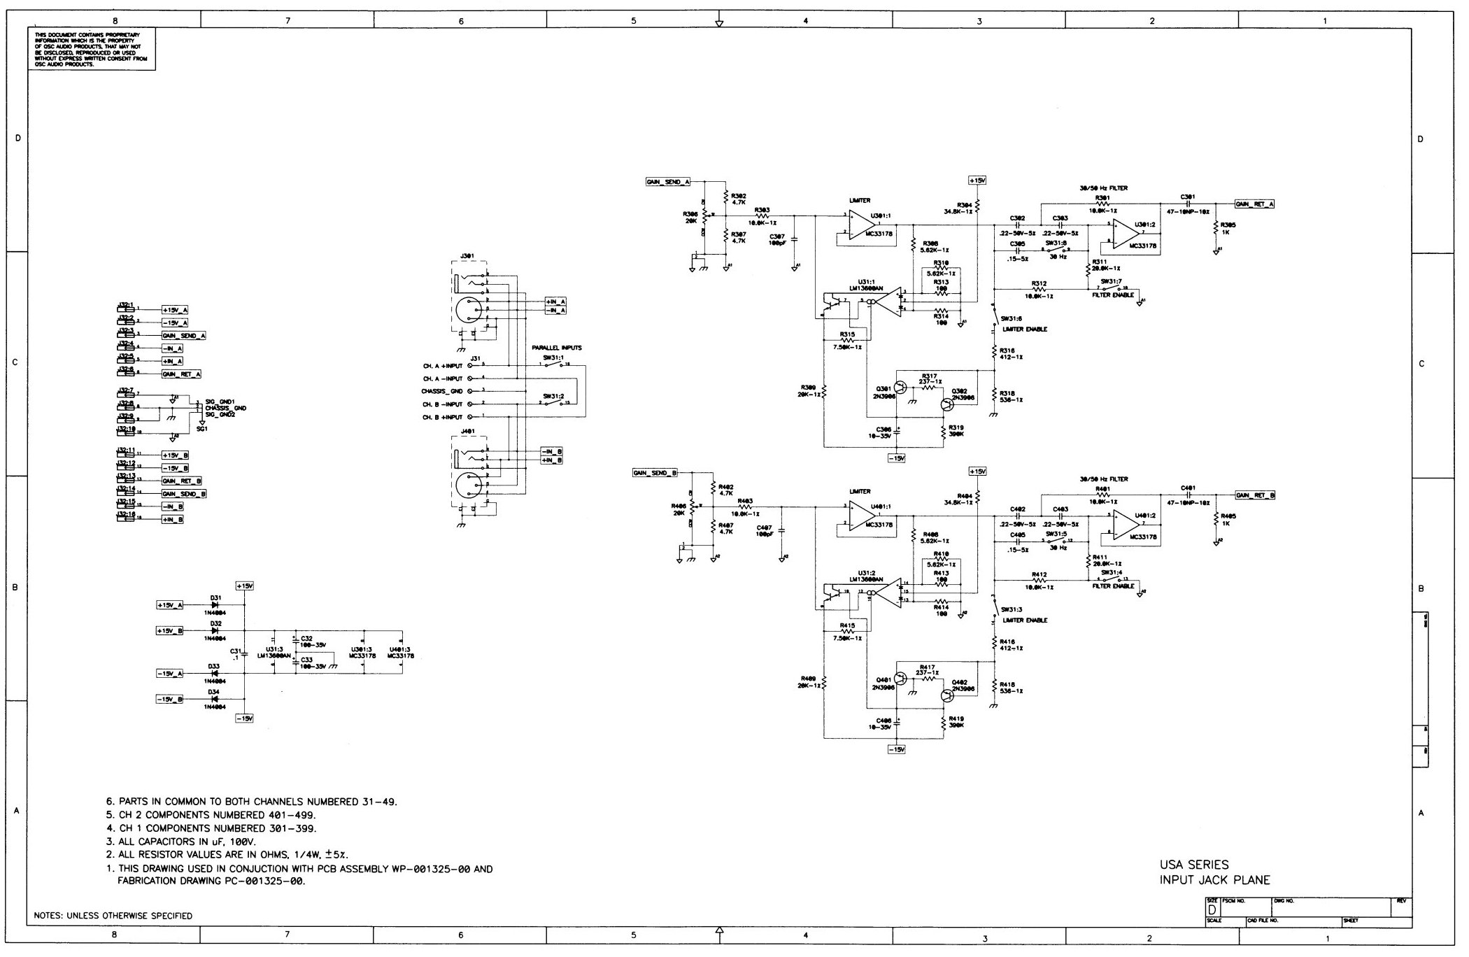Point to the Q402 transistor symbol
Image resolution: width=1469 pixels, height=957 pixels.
(x=947, y=695)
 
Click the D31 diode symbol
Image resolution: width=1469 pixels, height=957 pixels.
(x=214, y=605)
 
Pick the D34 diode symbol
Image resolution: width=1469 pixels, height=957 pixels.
(x=214, y=699)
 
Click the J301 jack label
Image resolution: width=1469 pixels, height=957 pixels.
(x=467, y=256)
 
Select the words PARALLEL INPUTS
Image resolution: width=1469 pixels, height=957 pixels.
(x=556, y=348)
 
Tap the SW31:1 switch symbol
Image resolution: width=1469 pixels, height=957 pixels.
(x=556, y=365)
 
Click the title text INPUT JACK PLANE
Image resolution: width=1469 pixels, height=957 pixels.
(x=1214, y=880)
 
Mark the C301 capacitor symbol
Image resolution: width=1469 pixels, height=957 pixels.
(x=1188, y=204)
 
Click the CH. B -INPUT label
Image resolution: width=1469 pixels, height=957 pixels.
(x=441, y=404)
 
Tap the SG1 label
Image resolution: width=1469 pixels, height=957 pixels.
(x=201, y=429)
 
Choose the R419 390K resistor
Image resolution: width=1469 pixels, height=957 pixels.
(x=943, y=721)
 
